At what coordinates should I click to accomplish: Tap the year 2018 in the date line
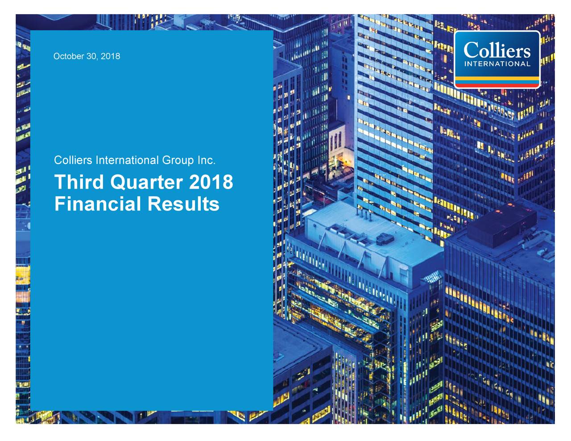[x=110, y=56]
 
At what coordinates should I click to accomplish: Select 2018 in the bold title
[x=211, y=182]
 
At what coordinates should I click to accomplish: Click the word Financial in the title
[x=98, y=204]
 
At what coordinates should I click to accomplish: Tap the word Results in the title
[x=183, y=204]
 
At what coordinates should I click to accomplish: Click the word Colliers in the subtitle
[x=73, y=160]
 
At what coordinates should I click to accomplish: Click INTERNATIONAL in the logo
[x=497, y=64]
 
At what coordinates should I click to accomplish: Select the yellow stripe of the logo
[x=497, y=78]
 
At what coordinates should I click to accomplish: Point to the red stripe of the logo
[x=497, y=85]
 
